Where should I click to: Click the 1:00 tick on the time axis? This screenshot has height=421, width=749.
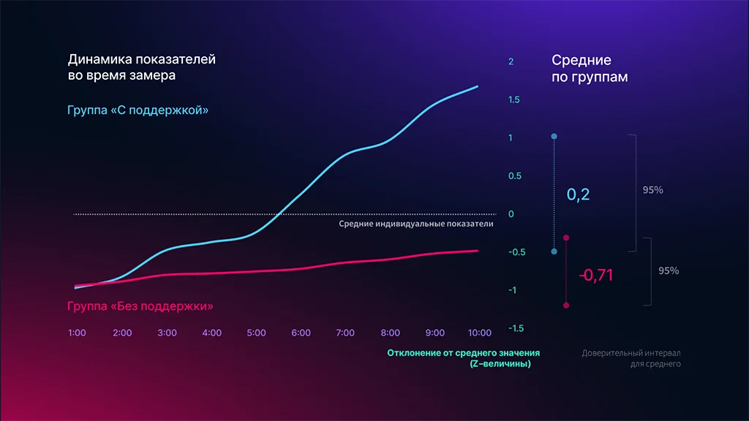click(x=77, y=333)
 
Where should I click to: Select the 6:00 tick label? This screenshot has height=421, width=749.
click(x=301, y=333)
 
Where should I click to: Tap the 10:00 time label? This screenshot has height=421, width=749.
click(x=480, y=333)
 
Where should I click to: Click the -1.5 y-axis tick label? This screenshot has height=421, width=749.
click(x=515, y=328)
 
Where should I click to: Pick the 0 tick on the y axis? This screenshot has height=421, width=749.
click(x=511, y=214)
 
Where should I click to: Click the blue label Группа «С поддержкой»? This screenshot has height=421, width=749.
click(x=138, y=110)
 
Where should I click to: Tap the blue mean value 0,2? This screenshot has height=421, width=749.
click(x=578, y=195)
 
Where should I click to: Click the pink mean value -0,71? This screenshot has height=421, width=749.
click(x=595, y=276)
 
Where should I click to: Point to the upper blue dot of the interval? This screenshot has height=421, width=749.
click(x=554, y=137)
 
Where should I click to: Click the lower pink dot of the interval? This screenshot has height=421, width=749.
click(x=566, y=306)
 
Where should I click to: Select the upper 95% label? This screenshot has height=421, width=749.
click(x=652, y=190)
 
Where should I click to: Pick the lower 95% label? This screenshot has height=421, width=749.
click(x=669, y=270)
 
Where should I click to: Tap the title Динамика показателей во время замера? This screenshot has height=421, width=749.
click(x=141, y=67)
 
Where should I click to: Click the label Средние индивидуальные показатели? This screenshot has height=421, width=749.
click(x=415, y=224)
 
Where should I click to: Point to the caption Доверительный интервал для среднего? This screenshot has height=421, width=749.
click(x=631, y=358)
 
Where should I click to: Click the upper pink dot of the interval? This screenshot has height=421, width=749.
click(x=566, y=238)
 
